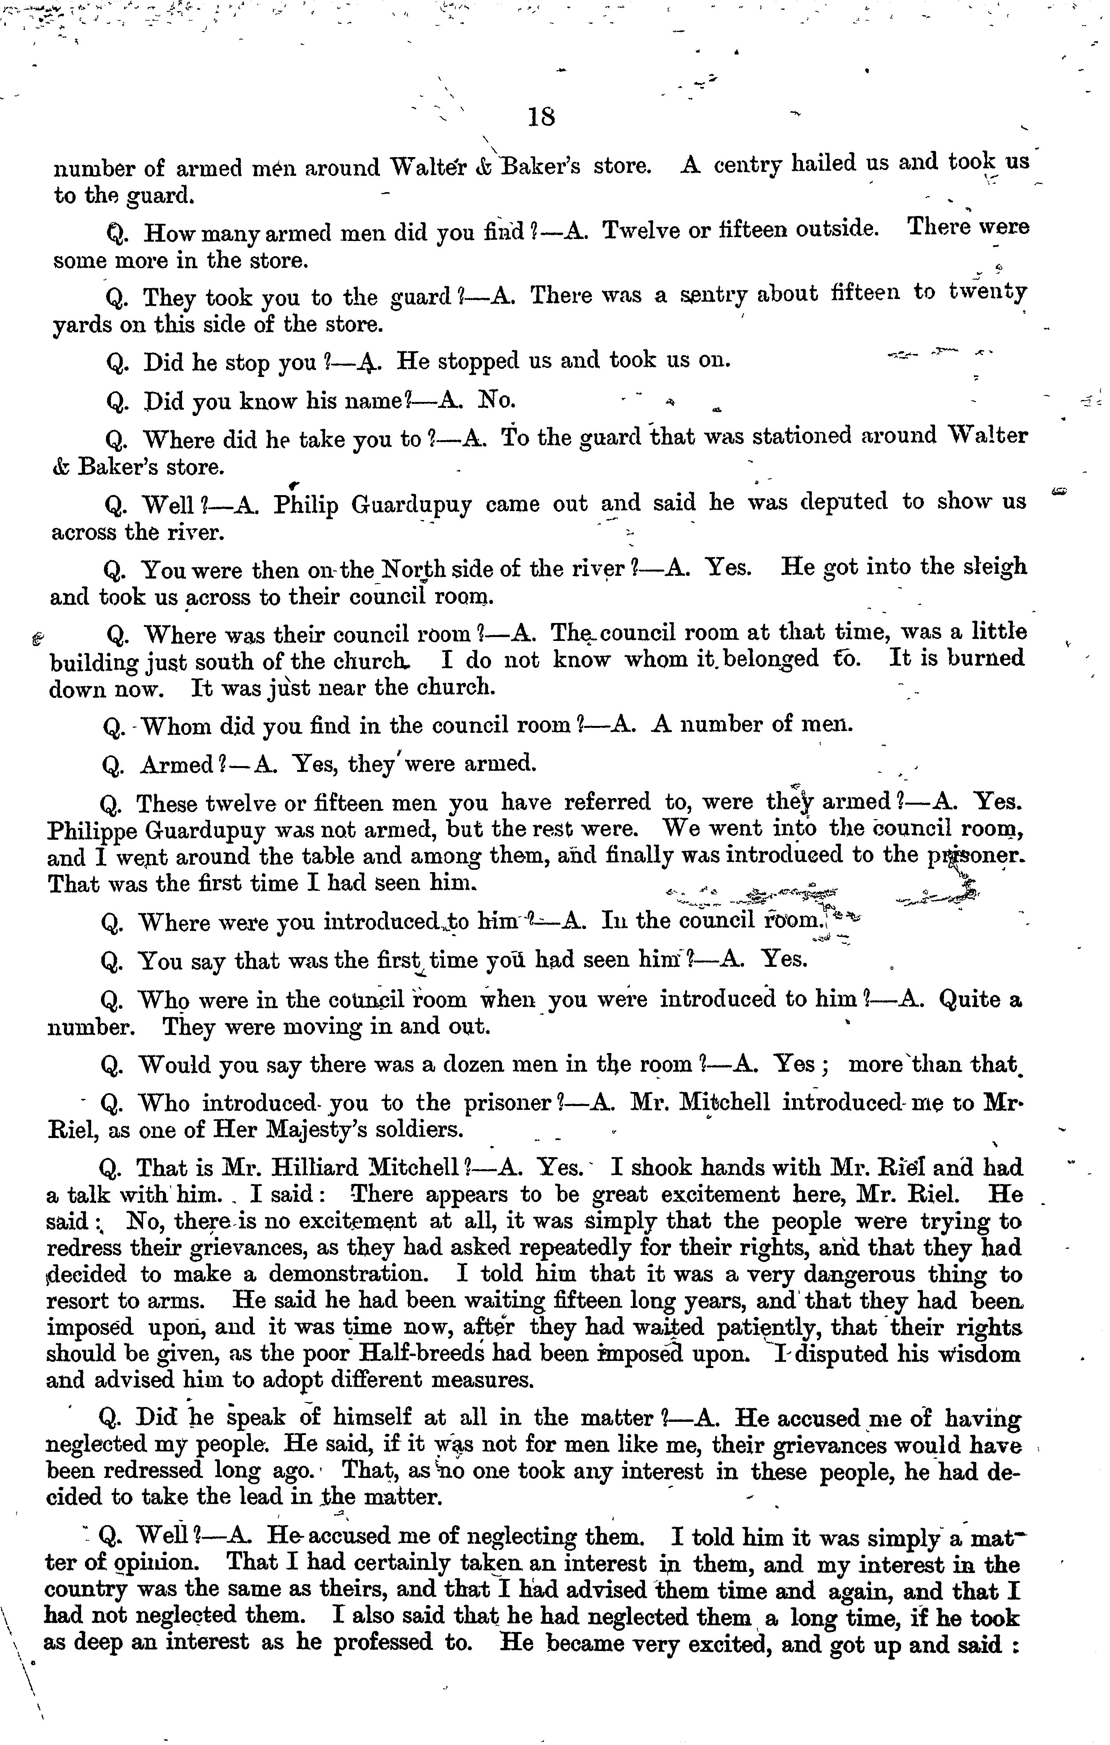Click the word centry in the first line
(x=747, y=165)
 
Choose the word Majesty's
(x=322, y=1129)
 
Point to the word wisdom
(x=978, y=1353)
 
